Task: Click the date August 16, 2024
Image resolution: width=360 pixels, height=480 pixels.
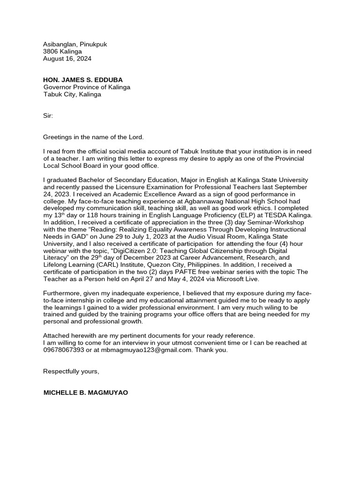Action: [67, 59]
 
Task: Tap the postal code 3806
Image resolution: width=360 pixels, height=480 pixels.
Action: [51, 52]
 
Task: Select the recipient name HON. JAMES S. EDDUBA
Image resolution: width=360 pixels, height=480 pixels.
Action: [83, 80]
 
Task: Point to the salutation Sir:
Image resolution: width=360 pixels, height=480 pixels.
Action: [48, 115]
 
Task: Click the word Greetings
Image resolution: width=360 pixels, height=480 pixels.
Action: [59, 137]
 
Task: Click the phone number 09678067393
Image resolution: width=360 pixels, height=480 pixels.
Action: [64, 350]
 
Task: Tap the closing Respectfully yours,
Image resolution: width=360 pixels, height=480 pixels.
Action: [71, 371]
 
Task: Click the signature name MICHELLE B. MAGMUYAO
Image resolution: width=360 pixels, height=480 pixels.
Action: [85, 393]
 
